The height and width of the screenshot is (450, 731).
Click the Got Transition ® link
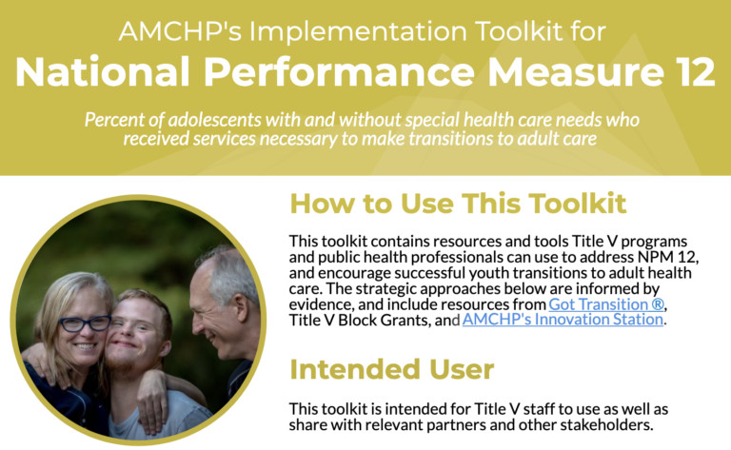[606, 304]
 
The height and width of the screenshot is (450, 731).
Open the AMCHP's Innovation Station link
[563, 320]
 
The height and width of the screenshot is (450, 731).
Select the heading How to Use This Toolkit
[458, 204]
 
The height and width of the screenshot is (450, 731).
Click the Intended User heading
[391, 369]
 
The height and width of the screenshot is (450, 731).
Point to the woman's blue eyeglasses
[85, 323]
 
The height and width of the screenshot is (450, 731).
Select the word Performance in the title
[339, 72]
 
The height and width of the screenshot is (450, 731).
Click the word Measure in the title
[575, 72]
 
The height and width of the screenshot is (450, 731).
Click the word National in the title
[103, 72]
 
